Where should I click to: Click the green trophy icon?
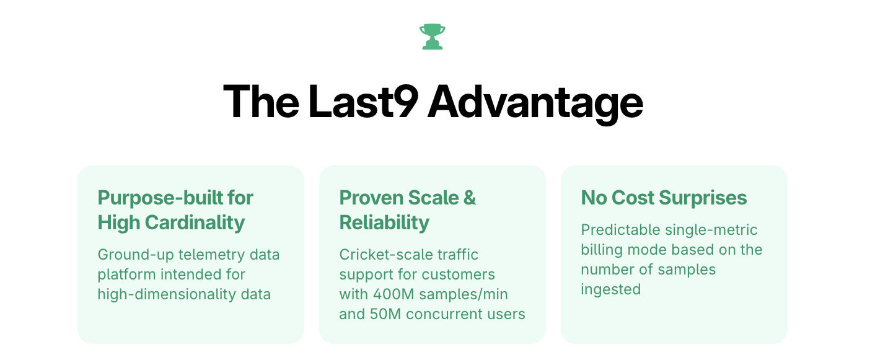432,37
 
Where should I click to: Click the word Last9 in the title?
363,102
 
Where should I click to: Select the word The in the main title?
260,102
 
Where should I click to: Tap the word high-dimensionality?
167,294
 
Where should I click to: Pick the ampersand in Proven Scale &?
470,198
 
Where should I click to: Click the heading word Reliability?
384,222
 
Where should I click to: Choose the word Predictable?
620,230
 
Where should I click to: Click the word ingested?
610,289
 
